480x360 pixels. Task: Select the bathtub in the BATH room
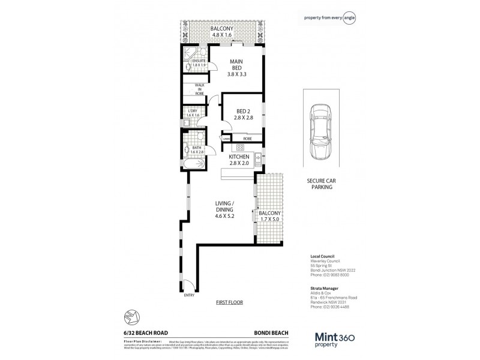click(194, 163)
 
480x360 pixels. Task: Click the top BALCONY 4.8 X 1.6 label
click(222, 32)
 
